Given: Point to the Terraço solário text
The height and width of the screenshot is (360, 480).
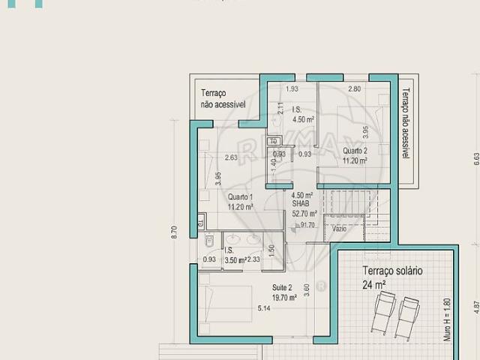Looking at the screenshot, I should [393, 271].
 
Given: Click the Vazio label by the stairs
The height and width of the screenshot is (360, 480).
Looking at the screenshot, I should [340, 228].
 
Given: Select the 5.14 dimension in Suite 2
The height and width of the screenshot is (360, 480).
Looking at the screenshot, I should [264, 308].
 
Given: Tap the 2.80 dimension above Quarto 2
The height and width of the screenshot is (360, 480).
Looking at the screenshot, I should [354, 89].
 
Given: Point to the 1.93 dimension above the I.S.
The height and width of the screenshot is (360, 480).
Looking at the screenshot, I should [292, 89].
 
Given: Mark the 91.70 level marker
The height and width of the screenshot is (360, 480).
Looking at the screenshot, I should [306, 225].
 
